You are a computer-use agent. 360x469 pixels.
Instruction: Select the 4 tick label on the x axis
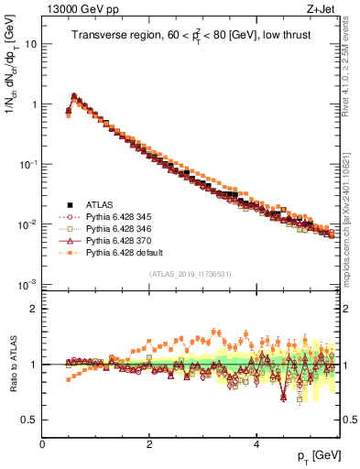pyautogui.click(x=256, y=443)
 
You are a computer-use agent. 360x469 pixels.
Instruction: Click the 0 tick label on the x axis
pyautogui.click(x=42, y=443)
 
